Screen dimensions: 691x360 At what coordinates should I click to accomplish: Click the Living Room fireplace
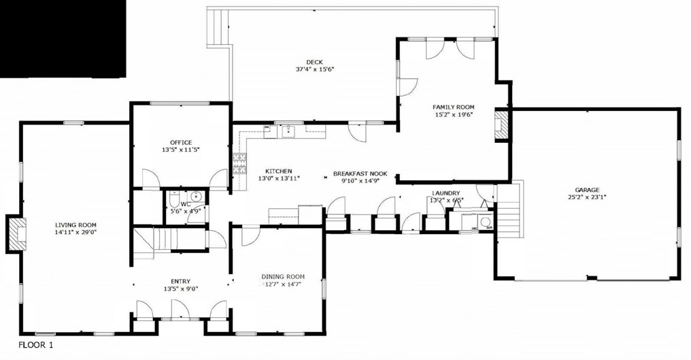(x=16, y=234)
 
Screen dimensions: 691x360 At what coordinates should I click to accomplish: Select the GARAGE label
(x=587, y=190)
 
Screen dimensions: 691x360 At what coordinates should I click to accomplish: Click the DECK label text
(x=315, y=62)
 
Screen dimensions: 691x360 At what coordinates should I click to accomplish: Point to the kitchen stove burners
(x=239, y=164)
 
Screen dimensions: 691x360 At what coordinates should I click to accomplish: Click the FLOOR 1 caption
(x=35, y=345)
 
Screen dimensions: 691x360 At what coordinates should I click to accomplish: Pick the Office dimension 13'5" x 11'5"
(x=181, y=150)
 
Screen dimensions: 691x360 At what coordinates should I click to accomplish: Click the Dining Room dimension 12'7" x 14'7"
(x=282, y=284)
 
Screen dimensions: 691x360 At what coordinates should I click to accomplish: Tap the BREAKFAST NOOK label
(x=360, y=174)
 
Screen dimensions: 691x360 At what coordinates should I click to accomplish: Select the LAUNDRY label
(x=446, y=193)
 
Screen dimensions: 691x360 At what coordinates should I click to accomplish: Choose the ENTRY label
(x=181, y=282)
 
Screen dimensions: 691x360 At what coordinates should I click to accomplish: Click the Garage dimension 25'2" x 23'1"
(x=587, y=197)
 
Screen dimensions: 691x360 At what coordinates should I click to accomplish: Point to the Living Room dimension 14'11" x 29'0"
(x=75, y=231)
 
